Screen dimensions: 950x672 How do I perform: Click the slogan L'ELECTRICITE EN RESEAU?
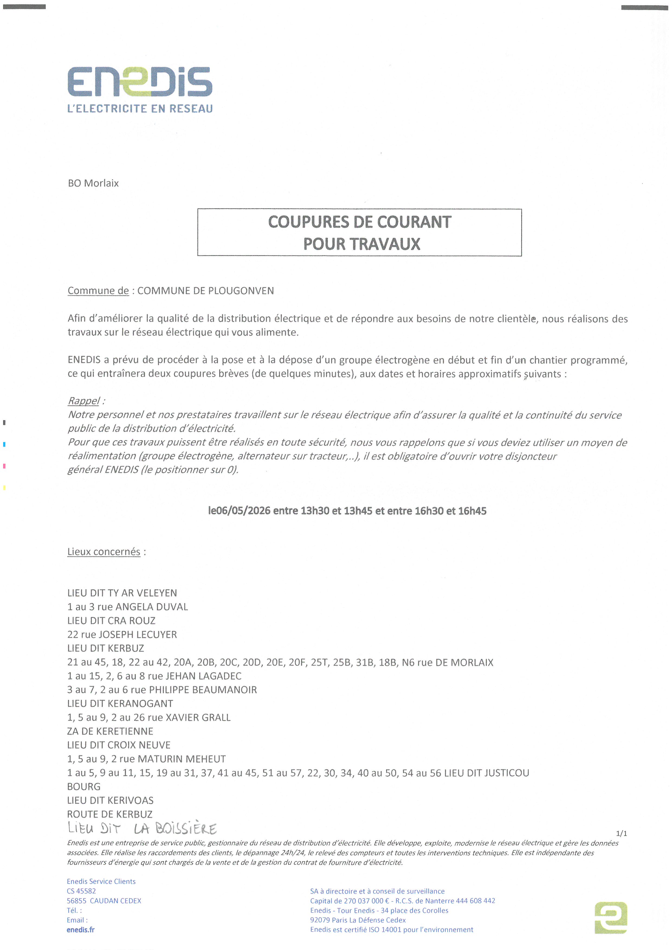pyautogui.click(x=140, y=109)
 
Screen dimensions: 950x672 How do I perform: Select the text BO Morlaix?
pyautogui.click(x=93, y=183)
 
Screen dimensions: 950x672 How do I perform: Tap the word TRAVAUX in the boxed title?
pyautogui.click(x=362, y=244)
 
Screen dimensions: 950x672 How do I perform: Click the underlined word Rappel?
pyautogui.click(x=83, y=401)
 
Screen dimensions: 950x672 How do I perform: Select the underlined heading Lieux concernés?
pyautogui.click(x=104, y=552)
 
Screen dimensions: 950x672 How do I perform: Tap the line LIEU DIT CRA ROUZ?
pyautogui.click(x=111, y=621)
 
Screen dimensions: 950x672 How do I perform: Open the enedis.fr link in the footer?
pyautogui.click(x=81, y=930)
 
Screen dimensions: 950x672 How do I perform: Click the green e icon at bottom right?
pyautogui.click(x=611, y=918)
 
